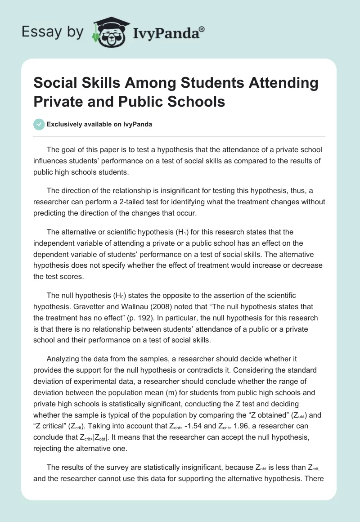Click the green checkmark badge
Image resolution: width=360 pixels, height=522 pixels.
pyautogui.click(x=39, y=124)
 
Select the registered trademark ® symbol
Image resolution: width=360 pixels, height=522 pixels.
pyautogui.click(x=202, y=29)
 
